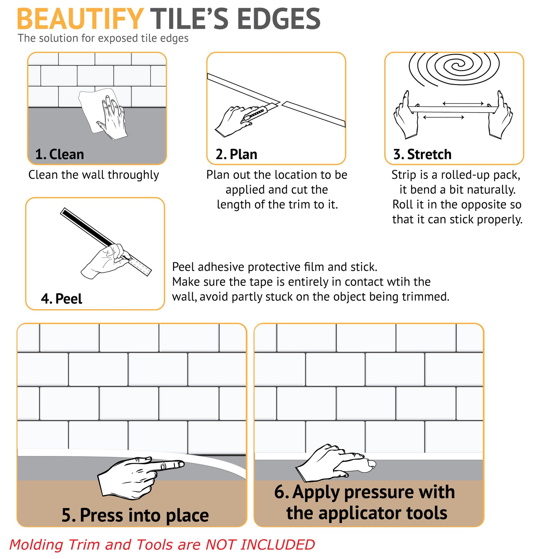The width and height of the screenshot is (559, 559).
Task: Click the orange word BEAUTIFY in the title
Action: click(x=80, y=19)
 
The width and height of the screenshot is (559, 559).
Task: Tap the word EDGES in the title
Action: click(x=279, y=19)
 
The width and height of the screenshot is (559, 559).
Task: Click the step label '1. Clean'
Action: click(x=60, y=154)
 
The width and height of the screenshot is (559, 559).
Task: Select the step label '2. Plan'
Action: click(x=236, y=154)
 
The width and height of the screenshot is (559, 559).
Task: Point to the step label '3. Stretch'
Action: click(x=422, y=154)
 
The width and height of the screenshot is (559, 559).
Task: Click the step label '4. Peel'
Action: click(x=62, y=299)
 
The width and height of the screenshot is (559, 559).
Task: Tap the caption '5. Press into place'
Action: click(x=135, y=516)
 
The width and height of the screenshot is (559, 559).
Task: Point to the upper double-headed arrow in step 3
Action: click(x=463, y=103)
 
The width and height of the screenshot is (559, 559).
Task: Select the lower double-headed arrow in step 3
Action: click(x=444, y=117)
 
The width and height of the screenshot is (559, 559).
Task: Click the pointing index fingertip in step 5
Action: click(x=181, y=464)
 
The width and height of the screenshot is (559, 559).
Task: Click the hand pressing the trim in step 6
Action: click(x=333, y=461)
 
